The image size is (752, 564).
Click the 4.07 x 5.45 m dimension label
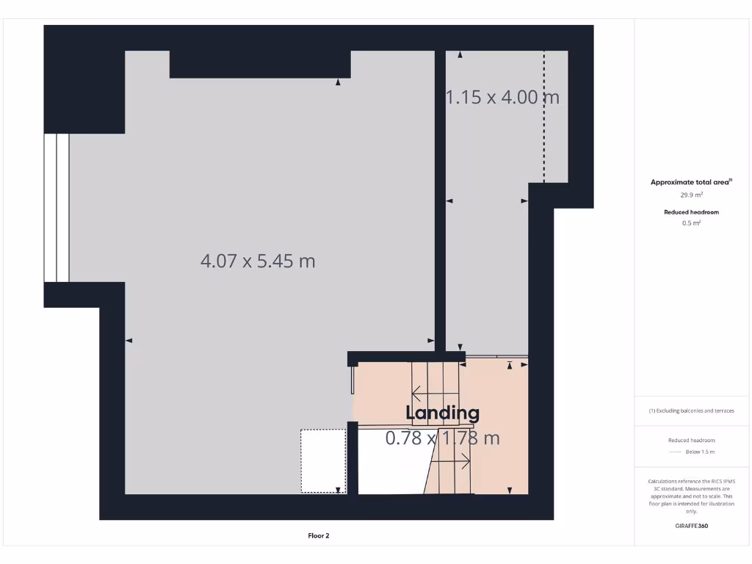[258, 261]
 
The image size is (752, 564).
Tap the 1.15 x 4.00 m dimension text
[503, 97]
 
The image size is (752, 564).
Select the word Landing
[443, 413]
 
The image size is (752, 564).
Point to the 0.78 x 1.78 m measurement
[443, 438]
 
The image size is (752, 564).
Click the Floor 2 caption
[319, 536]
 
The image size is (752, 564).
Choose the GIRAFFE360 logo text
[692, 526]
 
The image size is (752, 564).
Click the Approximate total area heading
[691, 182]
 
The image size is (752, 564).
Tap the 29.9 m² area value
[691, 195]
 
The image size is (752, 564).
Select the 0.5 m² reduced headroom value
[691, 223]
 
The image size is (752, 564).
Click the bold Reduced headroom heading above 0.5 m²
[691, 211]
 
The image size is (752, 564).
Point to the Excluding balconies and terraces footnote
[691, 411]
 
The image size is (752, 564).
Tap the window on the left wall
[57, 208]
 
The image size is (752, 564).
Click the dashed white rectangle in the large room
[323, 461]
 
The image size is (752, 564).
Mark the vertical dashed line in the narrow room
[543, 117]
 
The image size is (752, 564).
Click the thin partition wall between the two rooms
[440, 198]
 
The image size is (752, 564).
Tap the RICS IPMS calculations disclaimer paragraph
[691, 496]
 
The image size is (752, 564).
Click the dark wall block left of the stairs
[352, 458]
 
